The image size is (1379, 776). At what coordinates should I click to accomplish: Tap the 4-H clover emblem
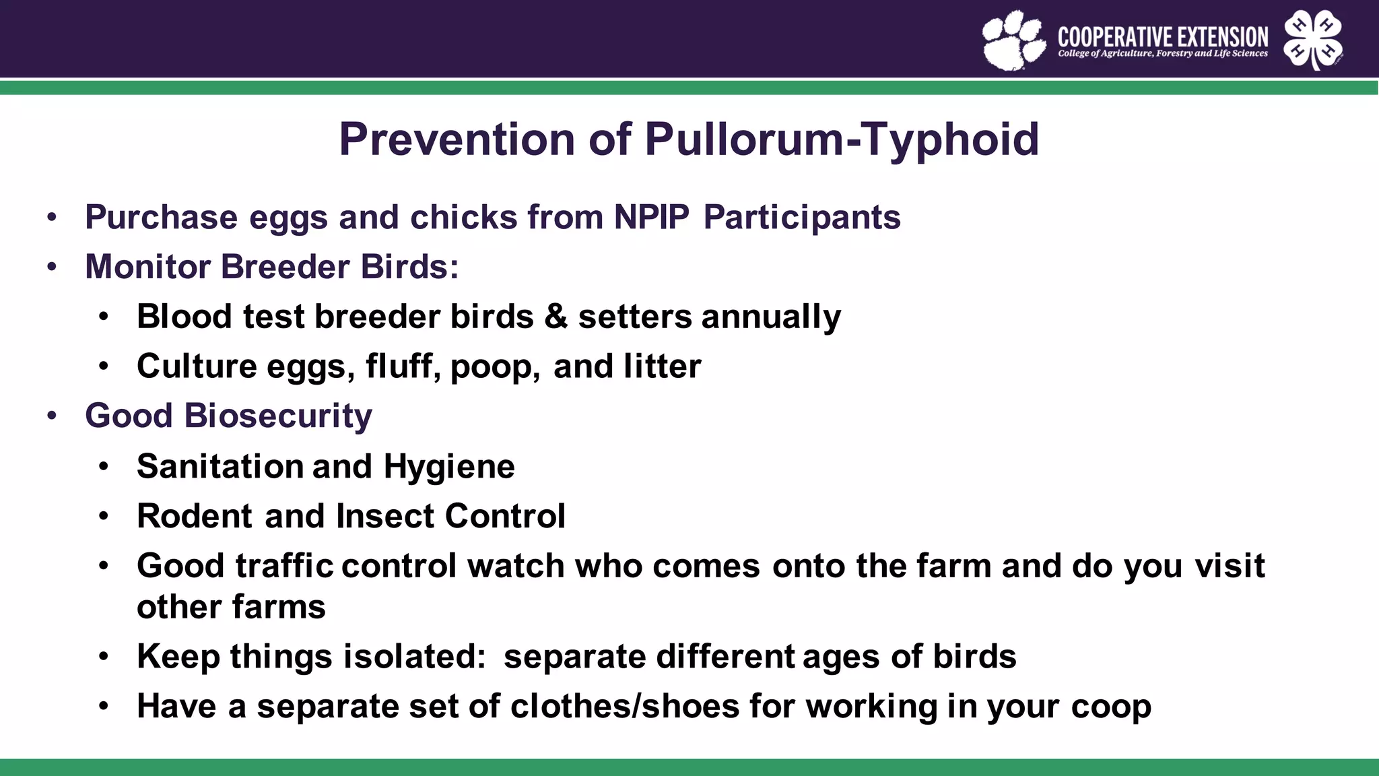[1313, 40]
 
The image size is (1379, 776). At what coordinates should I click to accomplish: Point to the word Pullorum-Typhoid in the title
[842, 139]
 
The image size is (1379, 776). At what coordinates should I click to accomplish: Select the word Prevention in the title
[457, 139]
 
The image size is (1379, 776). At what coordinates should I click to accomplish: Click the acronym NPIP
[651, 218]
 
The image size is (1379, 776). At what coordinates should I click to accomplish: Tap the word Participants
[801, 218]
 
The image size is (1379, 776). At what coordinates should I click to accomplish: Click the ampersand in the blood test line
[556, 317]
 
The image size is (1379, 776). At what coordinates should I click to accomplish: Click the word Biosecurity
[277, 416]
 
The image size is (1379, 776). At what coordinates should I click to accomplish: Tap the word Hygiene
[449, 467]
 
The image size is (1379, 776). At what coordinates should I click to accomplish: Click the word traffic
[283, 566]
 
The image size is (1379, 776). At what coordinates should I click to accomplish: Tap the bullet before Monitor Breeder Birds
[53, 267]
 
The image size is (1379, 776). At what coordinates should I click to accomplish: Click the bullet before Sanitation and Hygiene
[103, 467]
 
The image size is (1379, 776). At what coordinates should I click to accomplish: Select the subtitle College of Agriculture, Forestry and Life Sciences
[1162, 53]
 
